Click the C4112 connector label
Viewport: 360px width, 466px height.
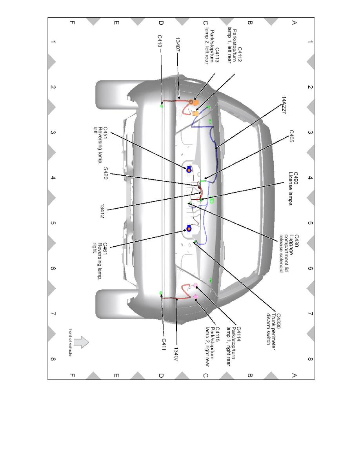pyautogui.click(x=235, y=46)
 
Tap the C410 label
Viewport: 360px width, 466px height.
pyautogui.click(x=160, y=41)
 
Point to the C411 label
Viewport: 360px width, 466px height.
pyautogui.click(x=164, y=344)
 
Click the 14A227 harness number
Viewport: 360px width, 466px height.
pyautogui.click(x=284, y=105)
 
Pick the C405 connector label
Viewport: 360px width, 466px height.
pyautogui.click(x=292, y=136)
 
